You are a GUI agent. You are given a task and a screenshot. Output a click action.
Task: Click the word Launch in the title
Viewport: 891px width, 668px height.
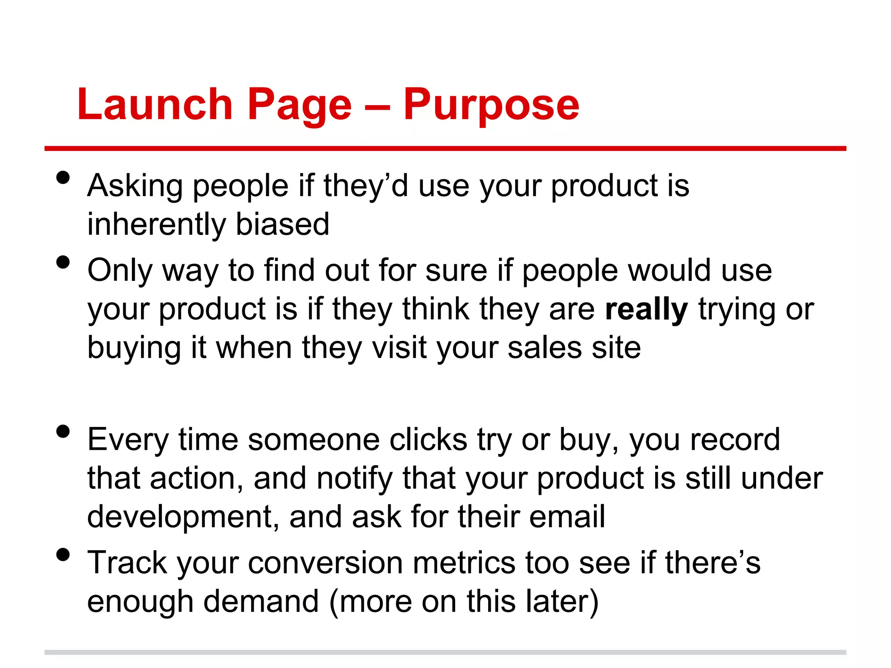point(155,104)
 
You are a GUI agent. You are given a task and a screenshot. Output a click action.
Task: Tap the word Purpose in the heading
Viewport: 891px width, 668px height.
point(491,104)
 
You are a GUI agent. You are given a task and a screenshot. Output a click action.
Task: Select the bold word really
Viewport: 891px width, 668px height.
point(646,309)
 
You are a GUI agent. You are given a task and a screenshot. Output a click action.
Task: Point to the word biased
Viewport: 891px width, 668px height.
point(282,224)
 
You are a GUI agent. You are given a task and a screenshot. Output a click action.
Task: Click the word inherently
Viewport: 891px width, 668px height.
point(156,224)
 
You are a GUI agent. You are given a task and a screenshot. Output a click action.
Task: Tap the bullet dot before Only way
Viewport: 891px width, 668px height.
point(63,262)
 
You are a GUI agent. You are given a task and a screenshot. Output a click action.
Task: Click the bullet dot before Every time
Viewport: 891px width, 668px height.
point(63,431)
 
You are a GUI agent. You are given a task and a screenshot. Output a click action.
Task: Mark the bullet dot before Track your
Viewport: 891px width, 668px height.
point(63,554)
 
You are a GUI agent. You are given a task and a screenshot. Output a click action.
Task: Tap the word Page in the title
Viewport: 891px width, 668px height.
point(299,104)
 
